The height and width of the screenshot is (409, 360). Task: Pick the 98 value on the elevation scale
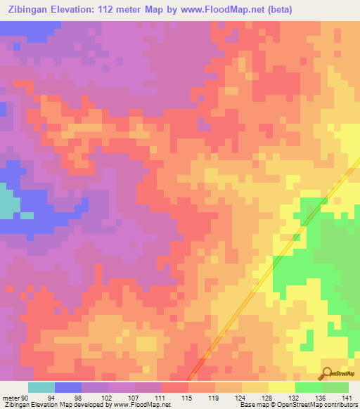coord(81,397)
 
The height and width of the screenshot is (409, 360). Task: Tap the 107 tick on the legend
coord(134,397)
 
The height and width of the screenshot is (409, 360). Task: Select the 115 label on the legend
coord(188,397)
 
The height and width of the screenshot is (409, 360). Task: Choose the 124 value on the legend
coord(241,397)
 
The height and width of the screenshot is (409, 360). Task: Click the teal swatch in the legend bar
coord(41,387)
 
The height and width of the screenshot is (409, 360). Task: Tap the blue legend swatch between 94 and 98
coord(68,387)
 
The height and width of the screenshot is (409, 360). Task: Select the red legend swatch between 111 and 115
coord(174,387)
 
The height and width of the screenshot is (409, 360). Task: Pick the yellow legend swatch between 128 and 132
coord(281,387)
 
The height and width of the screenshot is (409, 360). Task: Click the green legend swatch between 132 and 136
coord(308,387)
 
